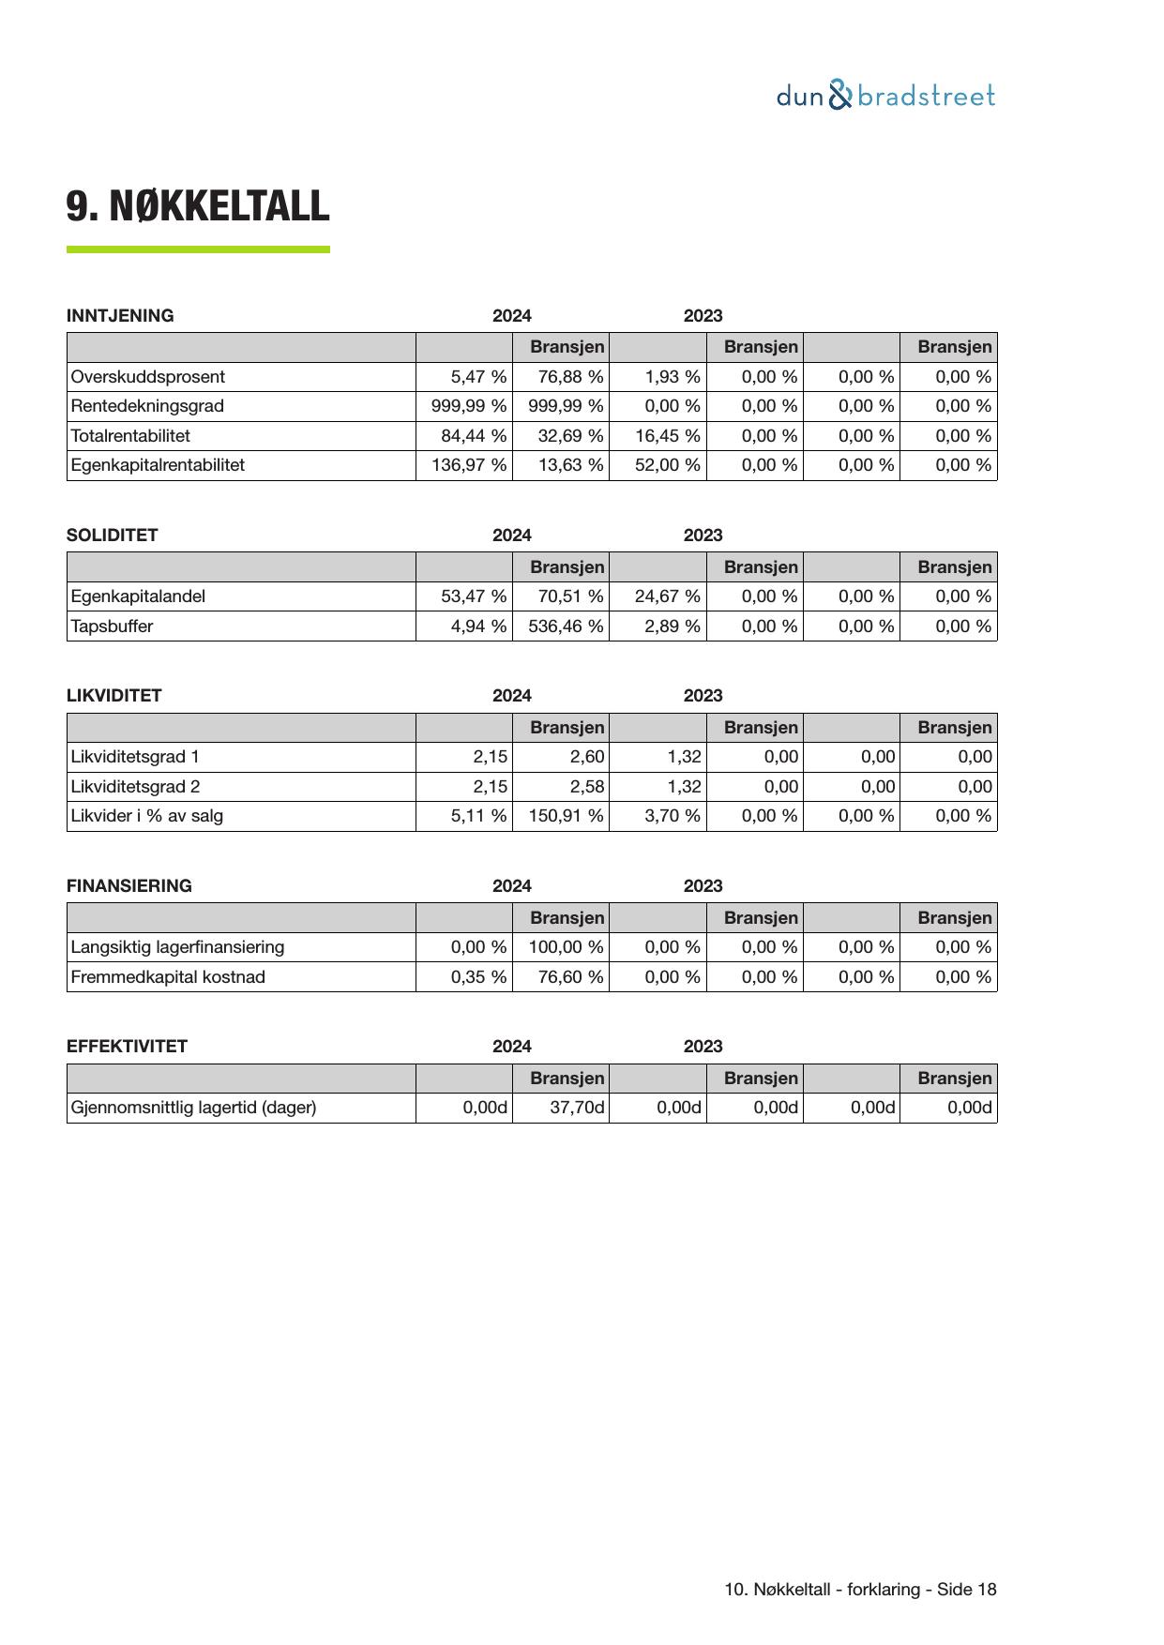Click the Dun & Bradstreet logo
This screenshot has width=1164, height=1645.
tap(885, 96)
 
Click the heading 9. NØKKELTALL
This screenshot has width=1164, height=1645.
tap(198, 206)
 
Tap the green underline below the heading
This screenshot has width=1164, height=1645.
tap(198, 249)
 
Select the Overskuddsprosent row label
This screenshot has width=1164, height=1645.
tap(148, 377)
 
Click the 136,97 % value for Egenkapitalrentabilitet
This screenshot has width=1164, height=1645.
tap(469, 465)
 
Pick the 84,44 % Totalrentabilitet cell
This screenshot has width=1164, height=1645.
tap(474, 436)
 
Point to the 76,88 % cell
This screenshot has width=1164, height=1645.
tap(570, 377)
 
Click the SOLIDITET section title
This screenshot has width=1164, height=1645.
tap(113, 536)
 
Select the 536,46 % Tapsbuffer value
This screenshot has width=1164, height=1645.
tap(566, 626)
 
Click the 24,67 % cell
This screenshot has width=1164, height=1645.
tap(667, 596)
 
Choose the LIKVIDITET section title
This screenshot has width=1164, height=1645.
tap(114, 696)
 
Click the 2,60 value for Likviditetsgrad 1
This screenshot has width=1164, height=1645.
tap(587, 757)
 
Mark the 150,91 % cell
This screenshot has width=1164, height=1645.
tap(566, 816)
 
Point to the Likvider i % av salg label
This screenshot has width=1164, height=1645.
tap(147, 816)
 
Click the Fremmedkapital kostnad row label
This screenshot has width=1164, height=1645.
tap(168, 977)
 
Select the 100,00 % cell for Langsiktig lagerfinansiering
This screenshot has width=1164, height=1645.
tap(566, 947)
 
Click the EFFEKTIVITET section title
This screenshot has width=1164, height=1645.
tap(127, 1047)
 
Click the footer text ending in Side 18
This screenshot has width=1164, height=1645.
tap(860, 1590)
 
